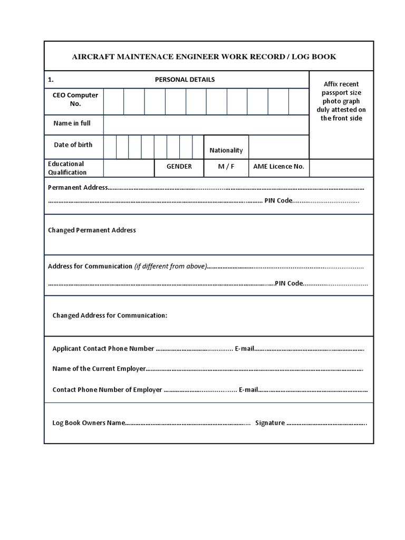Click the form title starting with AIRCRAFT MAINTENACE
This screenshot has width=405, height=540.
click(x=204, y=56)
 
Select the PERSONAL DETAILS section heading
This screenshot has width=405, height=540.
click(x=185, y=80)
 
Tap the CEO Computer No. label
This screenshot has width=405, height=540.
click(x=75, y=100)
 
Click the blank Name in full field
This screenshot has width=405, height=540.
click(x=206, y=125)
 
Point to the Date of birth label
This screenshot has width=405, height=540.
click(x=73, y=145)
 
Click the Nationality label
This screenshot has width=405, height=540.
click(x=226, y=150)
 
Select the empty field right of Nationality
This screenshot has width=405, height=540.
click(x=278, y=147)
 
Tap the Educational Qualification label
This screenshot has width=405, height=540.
click(x=67, y=168)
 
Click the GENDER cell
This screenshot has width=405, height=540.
click(x=179, y=167)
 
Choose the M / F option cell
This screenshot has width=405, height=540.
click(x=226, y=167)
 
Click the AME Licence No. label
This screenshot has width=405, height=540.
click(x=278, y=167)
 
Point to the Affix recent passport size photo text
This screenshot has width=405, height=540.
click(x=341, y=101)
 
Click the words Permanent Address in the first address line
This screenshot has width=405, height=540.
click(x=78, y=187)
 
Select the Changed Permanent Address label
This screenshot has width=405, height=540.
click(x=92, y=230)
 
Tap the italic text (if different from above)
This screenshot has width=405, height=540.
click(x=170, y=266)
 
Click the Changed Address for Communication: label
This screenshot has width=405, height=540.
click(x=110, y=315)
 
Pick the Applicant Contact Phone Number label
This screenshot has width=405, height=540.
click(x=103, y=349)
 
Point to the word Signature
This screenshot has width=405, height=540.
click(x=270, y=423)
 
